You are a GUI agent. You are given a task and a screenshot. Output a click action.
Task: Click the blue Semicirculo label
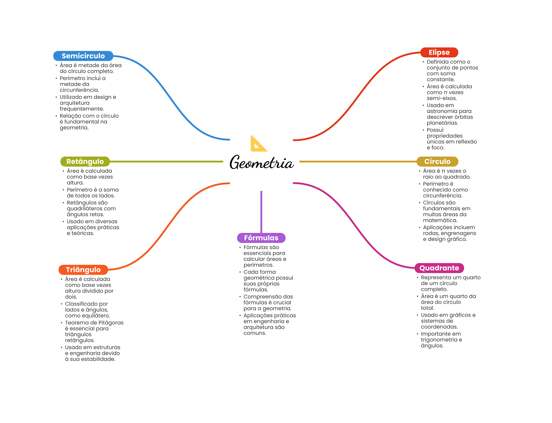83,56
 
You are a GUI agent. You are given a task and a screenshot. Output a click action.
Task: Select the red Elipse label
439,52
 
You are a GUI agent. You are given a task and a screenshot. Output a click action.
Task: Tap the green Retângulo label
85,161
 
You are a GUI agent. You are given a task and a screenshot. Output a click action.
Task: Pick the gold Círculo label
437,161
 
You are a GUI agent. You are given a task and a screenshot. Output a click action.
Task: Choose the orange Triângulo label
83,270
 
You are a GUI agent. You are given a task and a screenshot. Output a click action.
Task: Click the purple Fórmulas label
261,238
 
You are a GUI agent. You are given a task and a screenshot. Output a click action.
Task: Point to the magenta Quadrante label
439,268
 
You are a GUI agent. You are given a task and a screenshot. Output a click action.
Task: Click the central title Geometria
261,163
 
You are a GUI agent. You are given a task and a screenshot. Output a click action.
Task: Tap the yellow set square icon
258,144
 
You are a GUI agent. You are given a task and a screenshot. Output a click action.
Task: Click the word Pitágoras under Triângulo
111,323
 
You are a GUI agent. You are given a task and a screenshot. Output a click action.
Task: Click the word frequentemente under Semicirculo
82,109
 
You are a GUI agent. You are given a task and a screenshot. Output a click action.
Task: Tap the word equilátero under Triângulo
97,316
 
